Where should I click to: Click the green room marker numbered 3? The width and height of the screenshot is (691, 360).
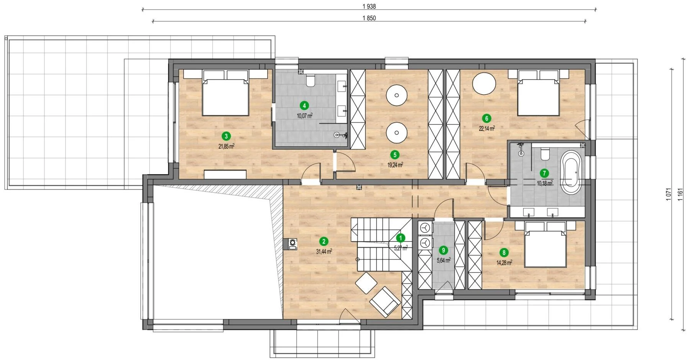coord(226,136)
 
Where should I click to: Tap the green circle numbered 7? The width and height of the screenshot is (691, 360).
coord(544,173)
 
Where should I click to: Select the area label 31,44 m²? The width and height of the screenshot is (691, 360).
coord(324,252)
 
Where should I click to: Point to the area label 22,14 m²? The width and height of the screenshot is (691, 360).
coord(486,128)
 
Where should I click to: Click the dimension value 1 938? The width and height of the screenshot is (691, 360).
coord(369,6)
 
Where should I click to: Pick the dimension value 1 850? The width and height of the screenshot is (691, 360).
coord(369,18)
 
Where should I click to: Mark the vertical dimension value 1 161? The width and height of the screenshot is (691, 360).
coord(680,194)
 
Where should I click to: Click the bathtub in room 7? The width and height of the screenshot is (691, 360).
coord(571,173)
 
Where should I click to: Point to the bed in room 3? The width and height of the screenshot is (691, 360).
coord(225,93)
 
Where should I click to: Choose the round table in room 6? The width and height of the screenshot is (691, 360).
coord(484,84)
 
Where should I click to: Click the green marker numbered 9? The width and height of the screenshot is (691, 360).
coord(444,250)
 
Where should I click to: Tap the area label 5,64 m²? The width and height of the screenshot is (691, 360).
coord(444,260)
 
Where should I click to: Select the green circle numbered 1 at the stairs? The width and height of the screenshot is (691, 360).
coord(400,238)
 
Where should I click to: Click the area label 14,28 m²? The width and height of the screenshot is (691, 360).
coord(504,263)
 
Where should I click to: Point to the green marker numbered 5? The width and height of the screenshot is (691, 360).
coord(395,155)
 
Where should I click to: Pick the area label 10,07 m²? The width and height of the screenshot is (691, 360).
coord(305,115)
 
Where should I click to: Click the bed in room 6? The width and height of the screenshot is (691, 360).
coord(538,93)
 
